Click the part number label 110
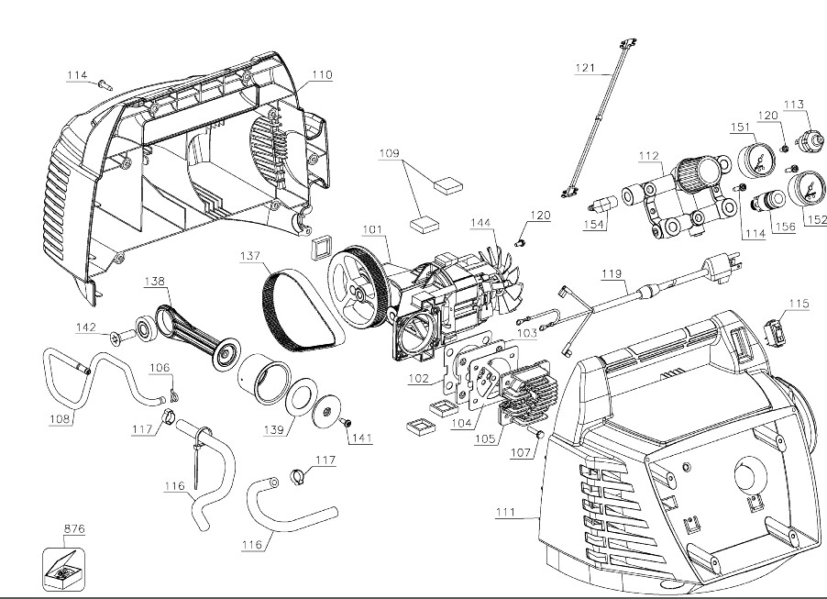[x=321, y=74]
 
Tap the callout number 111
[x=502, y=512]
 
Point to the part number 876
[x=74, y=529]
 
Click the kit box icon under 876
[x=63, y=570]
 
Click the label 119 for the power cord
[x=612, y=273]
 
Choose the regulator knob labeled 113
[x=807, y=142]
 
